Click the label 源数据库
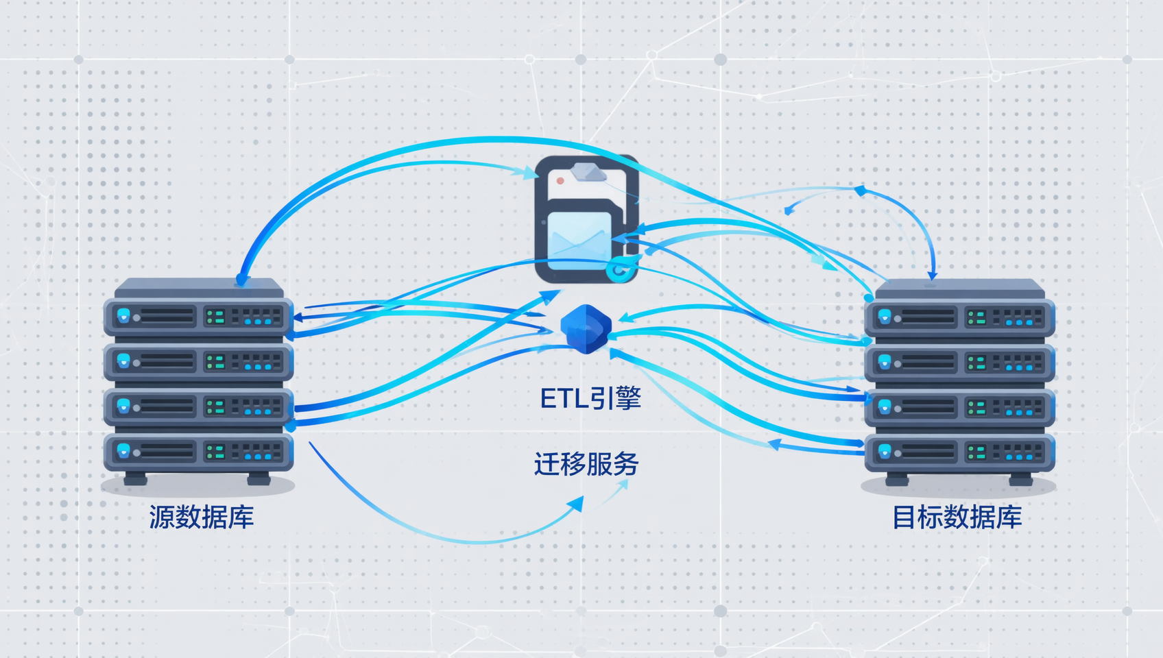[202, 517]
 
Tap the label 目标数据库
[957, 517]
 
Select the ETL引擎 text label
[591, 398]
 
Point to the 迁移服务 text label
[586, 464]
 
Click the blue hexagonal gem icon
[586, 329]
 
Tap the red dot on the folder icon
[560, 180]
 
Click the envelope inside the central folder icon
[579, 241]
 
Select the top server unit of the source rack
[198, 317]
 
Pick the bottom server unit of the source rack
[198, 452]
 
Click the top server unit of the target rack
[959, 317]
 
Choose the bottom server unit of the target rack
[959, 452]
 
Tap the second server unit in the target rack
[959, 362]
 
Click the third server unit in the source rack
[198, 407]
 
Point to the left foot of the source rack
[136, 478]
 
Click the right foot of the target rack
[1020, 478]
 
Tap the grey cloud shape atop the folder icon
[588, 172]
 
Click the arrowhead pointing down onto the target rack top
[933, 273]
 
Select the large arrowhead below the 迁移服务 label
[576, 504]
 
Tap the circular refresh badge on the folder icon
[619, 269]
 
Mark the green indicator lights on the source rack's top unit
[215, 317]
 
